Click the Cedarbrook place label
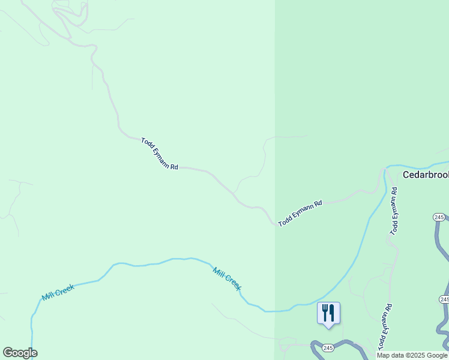(x=426, y=175)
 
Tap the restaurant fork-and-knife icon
(x=328, y=313)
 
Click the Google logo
(x=20, y=353)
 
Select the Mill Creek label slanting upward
(x=58, y=293)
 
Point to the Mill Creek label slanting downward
(x=227, y=279)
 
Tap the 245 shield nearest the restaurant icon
(x=328, y=348)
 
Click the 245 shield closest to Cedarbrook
(x=439, y=217)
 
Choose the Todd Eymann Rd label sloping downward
(x=160, y=154)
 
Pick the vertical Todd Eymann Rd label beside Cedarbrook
(x=394, y=211)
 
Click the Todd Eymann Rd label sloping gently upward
(x=300, y=213)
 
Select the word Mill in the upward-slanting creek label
(x=49, y=296)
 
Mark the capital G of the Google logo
(x=8, y=353)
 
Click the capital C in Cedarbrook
(x=406, y=175)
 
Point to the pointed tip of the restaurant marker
(x=328, y=328)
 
